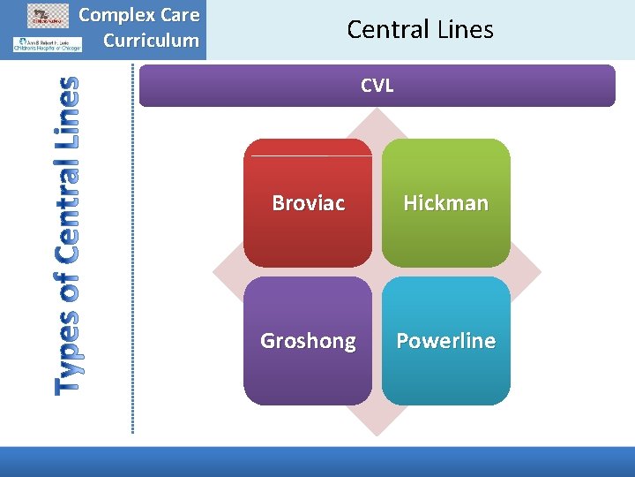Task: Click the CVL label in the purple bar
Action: (x=377, y=86)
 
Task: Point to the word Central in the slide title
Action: (x=388, y=29)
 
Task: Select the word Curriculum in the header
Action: (x=151, y=40)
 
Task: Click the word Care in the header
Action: (x=181, y=16)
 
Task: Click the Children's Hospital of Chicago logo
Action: (x=47, y=44)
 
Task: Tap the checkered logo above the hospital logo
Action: (x=48, y=14)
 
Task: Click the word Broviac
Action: (x=308, y=203)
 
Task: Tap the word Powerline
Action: (x=445, y=341)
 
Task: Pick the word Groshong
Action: (x=308, y=341)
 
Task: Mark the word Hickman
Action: (x=445, y=203)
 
